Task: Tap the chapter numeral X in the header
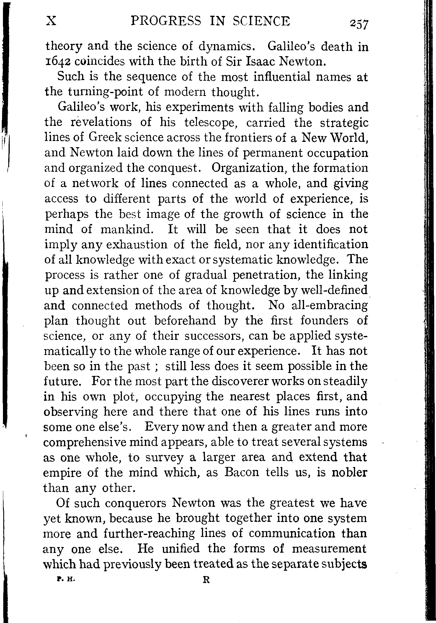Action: pos(51,21)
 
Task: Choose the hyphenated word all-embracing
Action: pos(330,306)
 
